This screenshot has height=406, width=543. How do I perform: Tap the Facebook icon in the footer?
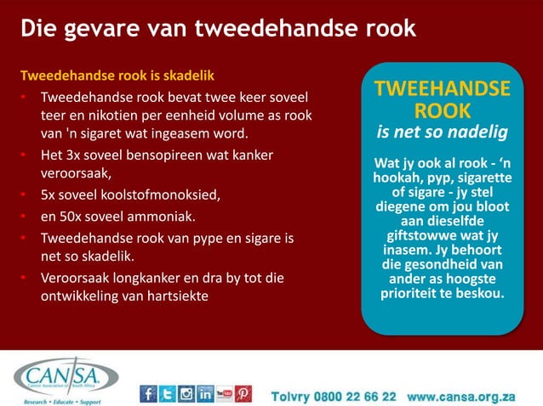coord(148,394)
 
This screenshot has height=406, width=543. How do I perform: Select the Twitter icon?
coord(167,394)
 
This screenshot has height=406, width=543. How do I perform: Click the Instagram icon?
coord(186,394)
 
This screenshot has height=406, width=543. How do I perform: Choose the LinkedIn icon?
coord(205,394)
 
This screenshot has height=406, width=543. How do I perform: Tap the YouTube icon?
coord(225,394)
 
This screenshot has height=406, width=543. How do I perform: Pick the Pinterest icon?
coord(243,394)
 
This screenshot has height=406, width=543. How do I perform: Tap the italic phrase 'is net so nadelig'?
coord(443,133)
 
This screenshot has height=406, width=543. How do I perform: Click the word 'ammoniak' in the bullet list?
coord(167,215)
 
